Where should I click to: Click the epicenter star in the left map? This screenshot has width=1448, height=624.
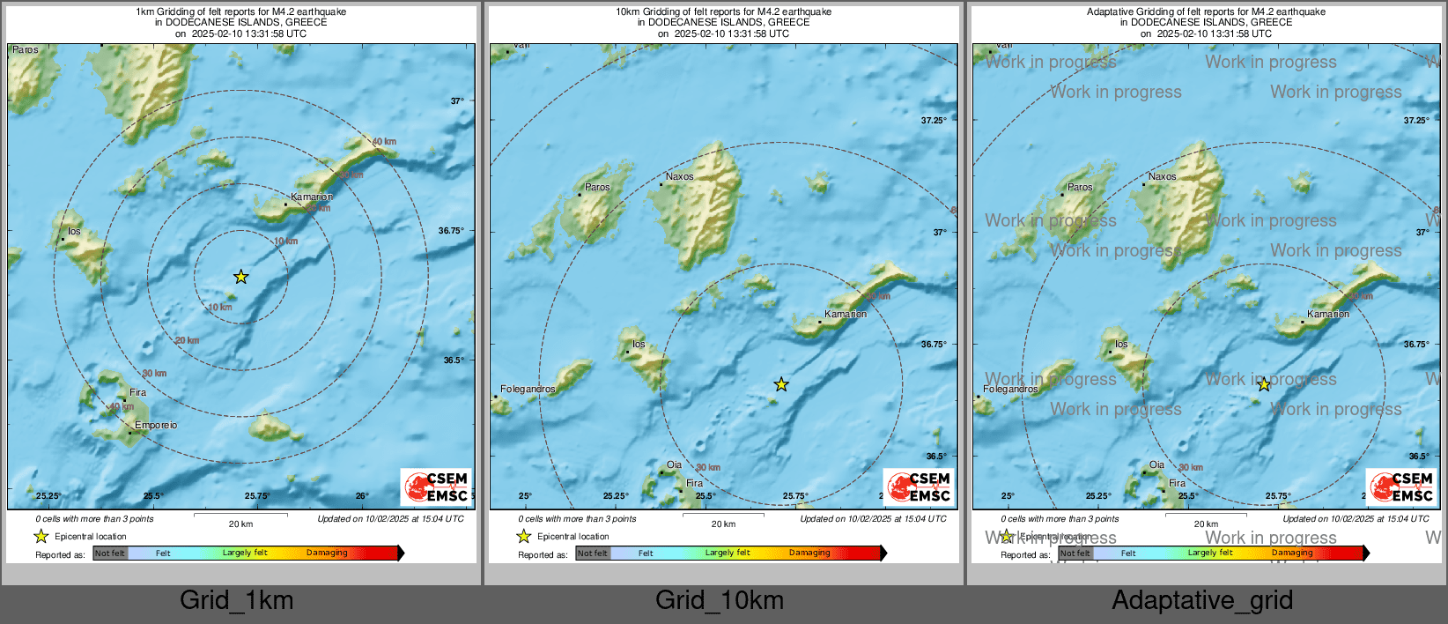240,277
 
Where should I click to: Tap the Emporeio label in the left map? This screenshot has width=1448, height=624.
156,425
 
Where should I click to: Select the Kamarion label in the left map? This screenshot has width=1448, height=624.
312,197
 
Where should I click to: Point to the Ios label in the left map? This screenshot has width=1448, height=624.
74,232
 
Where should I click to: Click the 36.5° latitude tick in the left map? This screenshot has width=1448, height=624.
454,360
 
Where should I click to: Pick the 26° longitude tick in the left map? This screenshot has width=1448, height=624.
362,496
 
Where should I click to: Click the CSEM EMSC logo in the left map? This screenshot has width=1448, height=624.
436,487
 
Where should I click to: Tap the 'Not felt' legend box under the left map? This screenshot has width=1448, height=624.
110,553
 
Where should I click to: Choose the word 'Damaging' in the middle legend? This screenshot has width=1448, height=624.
809,553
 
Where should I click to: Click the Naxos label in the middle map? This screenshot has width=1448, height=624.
679,176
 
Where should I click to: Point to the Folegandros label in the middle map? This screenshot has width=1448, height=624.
528,389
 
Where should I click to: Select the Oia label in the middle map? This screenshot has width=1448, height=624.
674,464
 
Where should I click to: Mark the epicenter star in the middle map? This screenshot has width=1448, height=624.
781,384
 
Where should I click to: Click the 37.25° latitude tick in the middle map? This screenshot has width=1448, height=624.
934,120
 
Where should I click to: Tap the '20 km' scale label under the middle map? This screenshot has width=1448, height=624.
723,524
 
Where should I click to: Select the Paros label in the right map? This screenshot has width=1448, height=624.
1080,187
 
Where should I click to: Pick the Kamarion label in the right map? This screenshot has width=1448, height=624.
1328,314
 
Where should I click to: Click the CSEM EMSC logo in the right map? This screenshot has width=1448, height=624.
1401,487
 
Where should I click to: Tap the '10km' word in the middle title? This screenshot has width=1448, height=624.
627,12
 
